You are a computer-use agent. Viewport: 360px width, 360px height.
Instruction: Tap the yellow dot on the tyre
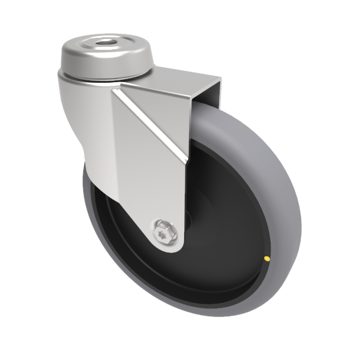click(266, 259)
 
